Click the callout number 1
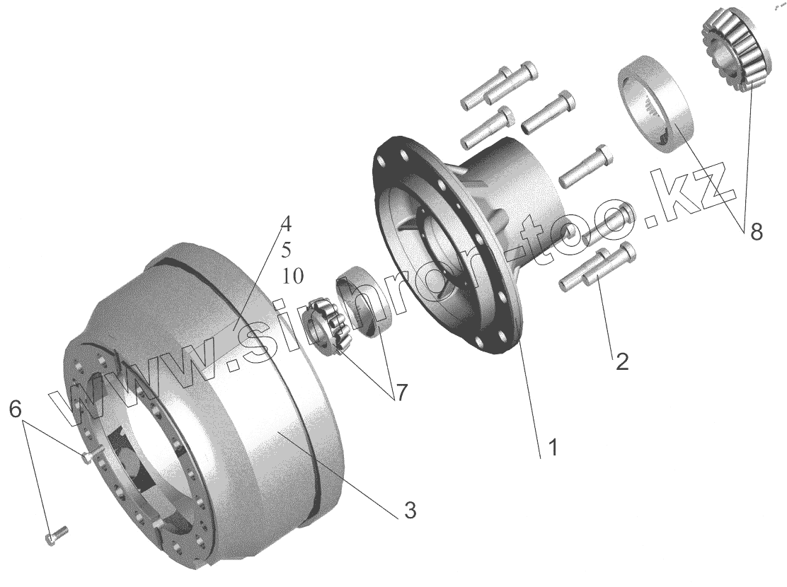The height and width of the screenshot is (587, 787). [552, 447]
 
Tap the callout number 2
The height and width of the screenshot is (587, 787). [621, 361]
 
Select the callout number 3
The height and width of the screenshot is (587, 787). [410, 510]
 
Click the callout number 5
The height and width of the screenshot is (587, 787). [286, 250]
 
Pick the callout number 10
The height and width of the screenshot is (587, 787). [292, 276]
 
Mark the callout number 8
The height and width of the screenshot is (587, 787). [756, 232]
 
